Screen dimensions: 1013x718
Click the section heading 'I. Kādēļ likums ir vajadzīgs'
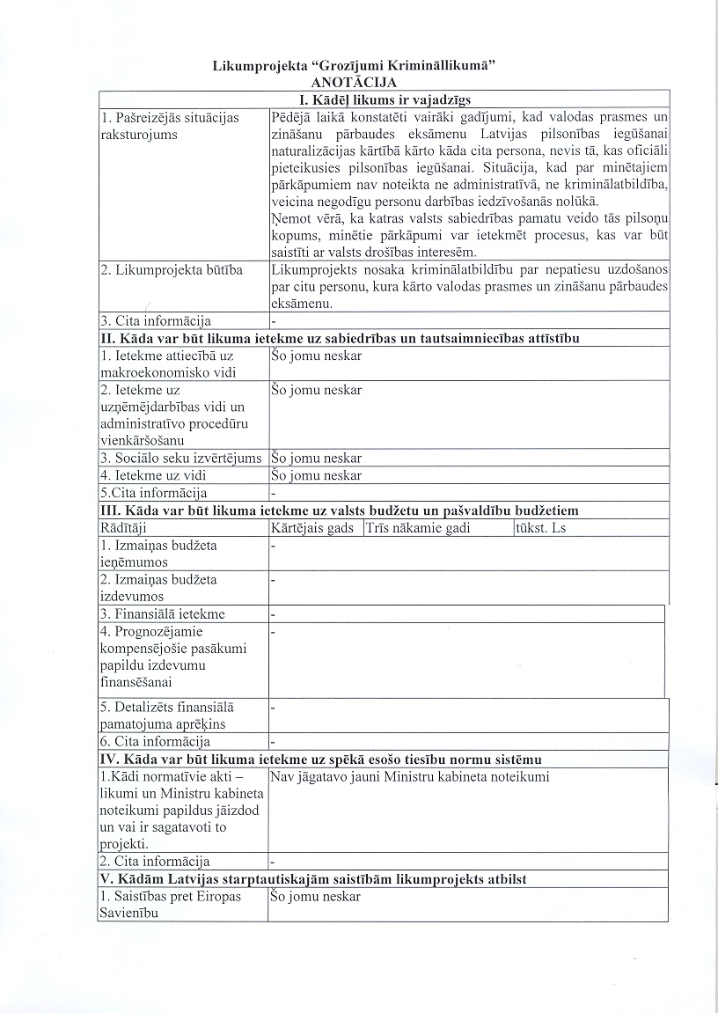click(x=385, y=99)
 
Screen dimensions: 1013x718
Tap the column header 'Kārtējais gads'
click(x=316, y=528)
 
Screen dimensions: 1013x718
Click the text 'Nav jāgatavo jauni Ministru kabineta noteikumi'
click(x=410, y=777)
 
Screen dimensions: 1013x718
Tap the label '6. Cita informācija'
click(x=154, y=742)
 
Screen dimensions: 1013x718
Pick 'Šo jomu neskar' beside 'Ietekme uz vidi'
click(x=316, y=476)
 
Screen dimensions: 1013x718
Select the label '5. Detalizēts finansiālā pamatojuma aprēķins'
click(x=166, y=715)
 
